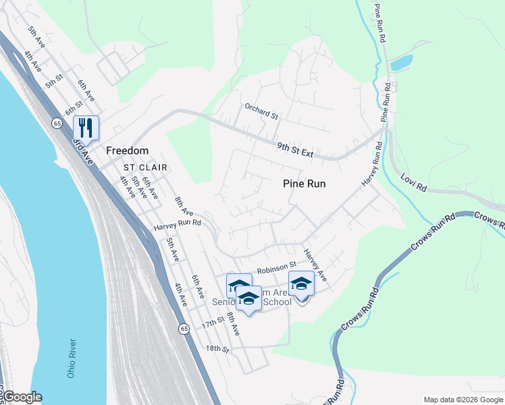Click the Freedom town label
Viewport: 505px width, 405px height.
127,151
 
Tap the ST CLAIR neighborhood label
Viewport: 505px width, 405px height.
144,167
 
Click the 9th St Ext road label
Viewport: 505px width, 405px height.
295,149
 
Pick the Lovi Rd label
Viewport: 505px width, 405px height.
413,184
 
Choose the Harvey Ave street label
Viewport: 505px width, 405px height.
315,265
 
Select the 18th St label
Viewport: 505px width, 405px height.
217,350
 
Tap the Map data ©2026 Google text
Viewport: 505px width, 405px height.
462,400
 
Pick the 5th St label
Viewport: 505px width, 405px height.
53,84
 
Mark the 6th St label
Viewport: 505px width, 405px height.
73,107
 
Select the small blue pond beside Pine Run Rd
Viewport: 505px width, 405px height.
401,63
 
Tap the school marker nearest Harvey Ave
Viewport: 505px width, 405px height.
301,284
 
